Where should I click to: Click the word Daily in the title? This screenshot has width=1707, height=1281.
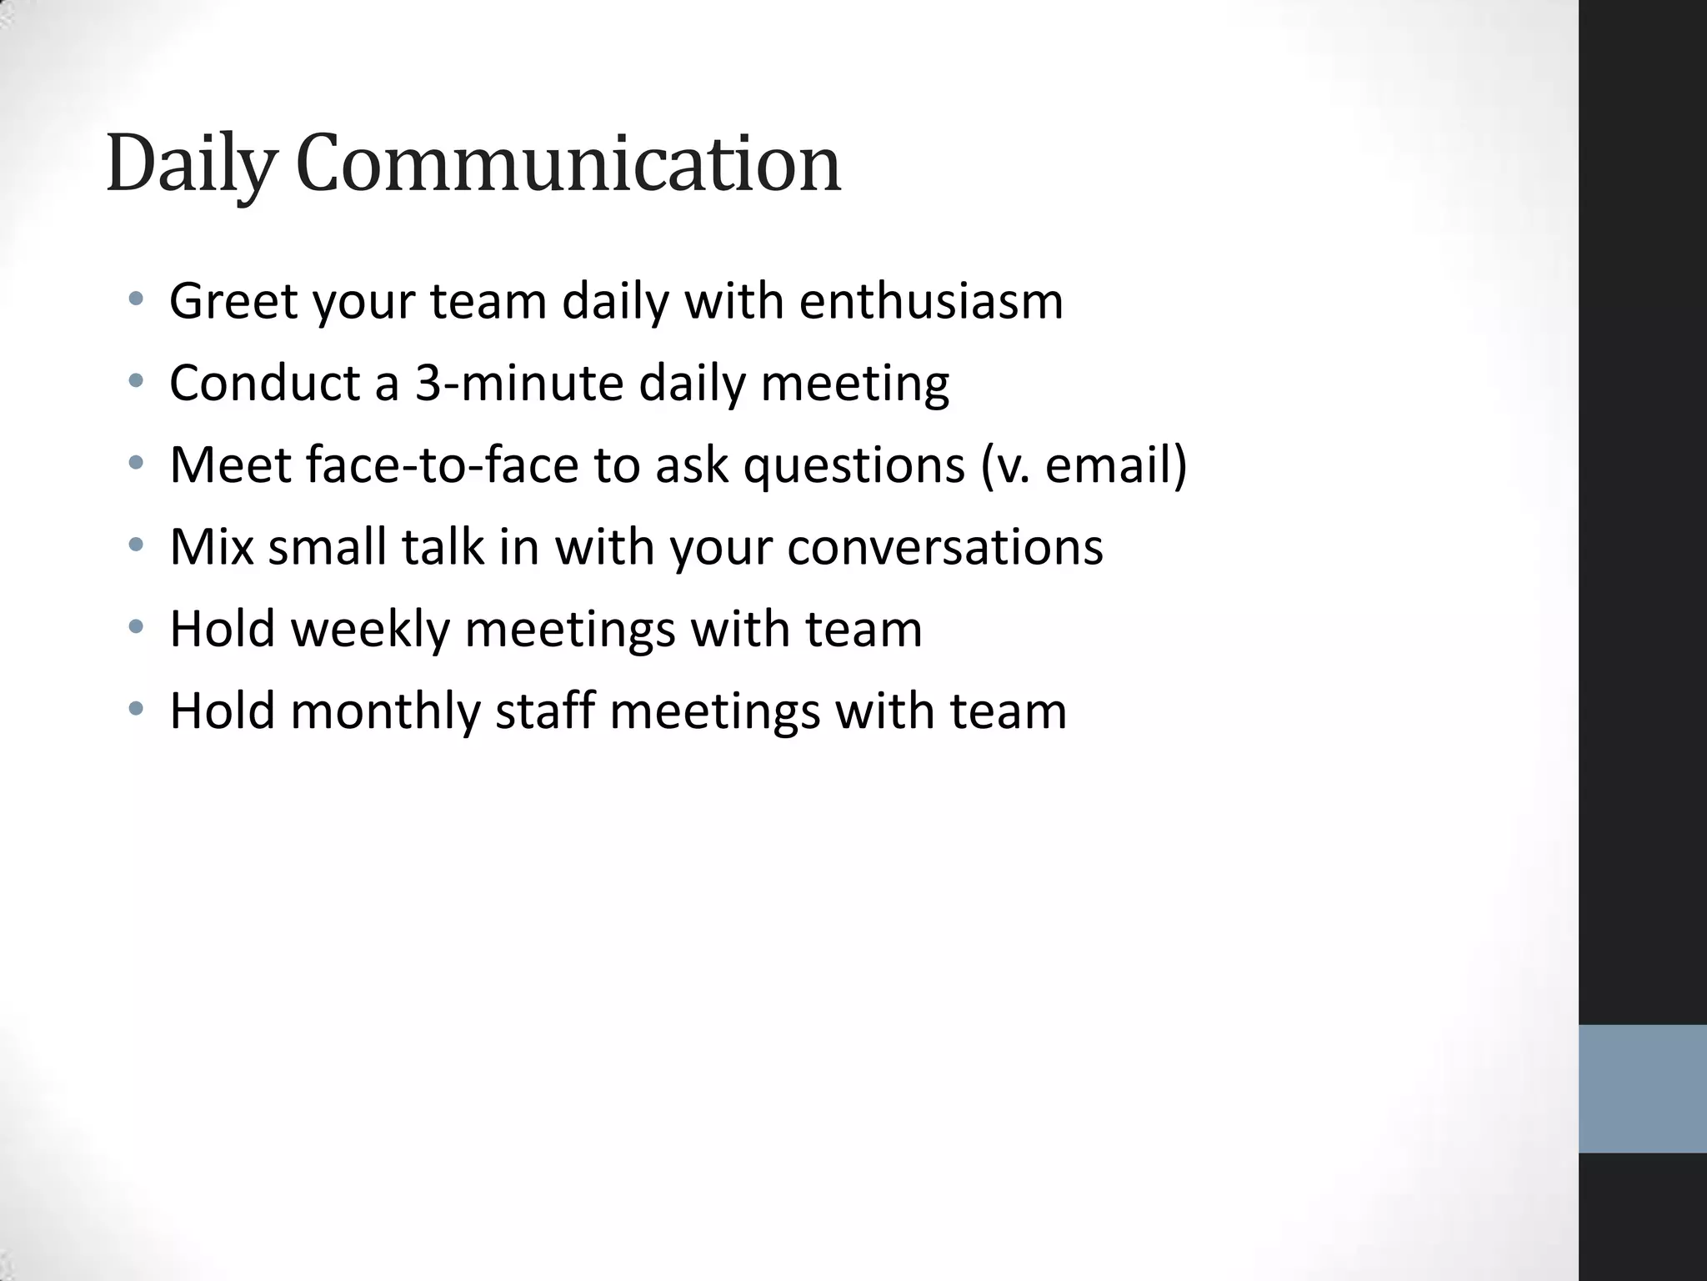pos(190,165)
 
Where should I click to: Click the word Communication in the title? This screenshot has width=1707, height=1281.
pos(568,165)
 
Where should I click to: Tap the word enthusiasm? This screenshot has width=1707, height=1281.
pos(931,301)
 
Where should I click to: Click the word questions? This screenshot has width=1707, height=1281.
pos(853,465)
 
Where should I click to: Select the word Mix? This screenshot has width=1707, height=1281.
pos(212,547)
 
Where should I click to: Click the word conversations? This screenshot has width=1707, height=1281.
pos(944,547)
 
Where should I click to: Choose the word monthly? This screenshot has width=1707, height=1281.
pos(385,711)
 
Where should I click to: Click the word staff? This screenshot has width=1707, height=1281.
pos(545,711)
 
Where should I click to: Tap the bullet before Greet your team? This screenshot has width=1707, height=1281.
pos(137,299)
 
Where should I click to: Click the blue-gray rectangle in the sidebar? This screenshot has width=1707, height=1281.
pos(1642,1088)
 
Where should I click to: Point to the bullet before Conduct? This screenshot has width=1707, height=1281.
pos(137,381)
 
